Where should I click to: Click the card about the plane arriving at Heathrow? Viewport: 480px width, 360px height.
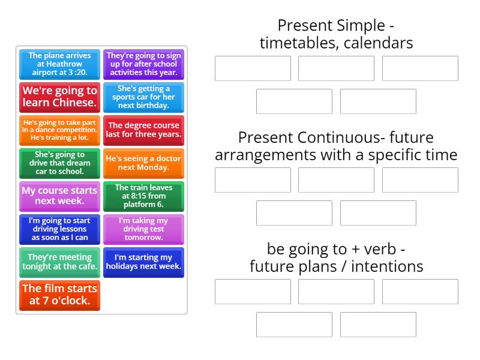(59, 64)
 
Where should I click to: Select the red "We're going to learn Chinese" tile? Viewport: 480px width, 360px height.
(59, 97)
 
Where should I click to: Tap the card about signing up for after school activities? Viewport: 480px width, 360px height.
(143, 64)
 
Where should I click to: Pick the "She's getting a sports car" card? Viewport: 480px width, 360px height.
(143, 97)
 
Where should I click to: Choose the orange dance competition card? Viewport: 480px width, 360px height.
(59, 130)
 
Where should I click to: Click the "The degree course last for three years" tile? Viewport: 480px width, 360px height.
(143, 130)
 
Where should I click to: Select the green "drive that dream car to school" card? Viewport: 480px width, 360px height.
(59, 163)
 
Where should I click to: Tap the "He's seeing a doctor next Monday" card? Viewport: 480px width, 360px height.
(143, 163)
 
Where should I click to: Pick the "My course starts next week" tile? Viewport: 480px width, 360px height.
(59, 196)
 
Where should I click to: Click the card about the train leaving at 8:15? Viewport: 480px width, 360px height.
(143, 196)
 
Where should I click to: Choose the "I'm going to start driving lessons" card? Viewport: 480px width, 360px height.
(59, 229)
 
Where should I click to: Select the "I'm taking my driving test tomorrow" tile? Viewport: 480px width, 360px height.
(143, 229)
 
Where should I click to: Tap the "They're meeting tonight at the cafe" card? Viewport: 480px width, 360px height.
(59, 262)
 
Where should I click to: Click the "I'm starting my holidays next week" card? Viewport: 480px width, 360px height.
(143, 262)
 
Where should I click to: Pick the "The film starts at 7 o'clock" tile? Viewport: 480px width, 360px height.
(59, 295)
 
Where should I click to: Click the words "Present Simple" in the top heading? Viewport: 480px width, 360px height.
(331, 26)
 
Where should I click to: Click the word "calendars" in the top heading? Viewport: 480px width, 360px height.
(378, 43)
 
